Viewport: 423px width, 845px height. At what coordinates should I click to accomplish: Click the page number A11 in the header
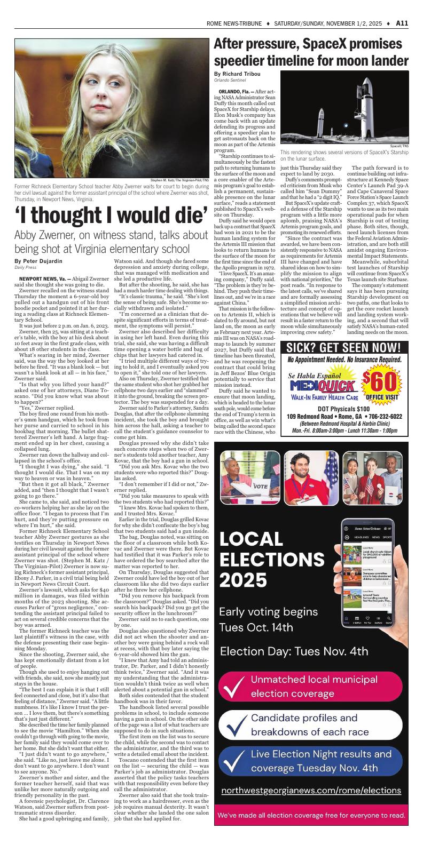[402, 23]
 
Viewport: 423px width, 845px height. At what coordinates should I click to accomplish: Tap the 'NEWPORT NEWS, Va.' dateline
[42, 278]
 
